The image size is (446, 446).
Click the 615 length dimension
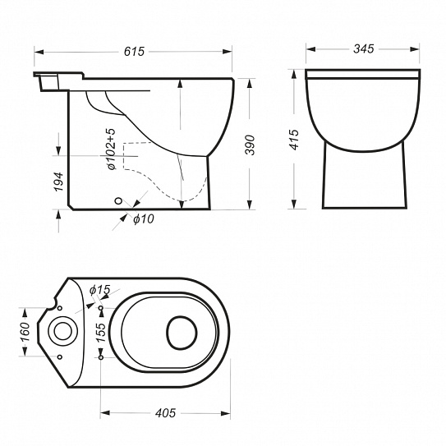134,52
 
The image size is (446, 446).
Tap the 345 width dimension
363,49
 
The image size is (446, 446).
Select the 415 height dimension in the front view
294,140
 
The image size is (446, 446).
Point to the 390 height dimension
250,145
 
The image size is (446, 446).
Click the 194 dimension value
59,182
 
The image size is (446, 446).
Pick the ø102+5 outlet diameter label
112,149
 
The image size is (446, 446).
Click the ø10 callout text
144,219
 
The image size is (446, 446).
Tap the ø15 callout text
100,290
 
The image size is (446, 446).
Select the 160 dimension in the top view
25,332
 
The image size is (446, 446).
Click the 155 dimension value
100,332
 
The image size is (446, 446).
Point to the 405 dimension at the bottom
165,413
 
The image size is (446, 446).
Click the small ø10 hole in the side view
118,200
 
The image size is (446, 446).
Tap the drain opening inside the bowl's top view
182,333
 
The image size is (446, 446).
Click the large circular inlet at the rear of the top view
63,332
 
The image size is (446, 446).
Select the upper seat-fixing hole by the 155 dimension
101,308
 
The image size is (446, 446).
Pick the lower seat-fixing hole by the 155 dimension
101,357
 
